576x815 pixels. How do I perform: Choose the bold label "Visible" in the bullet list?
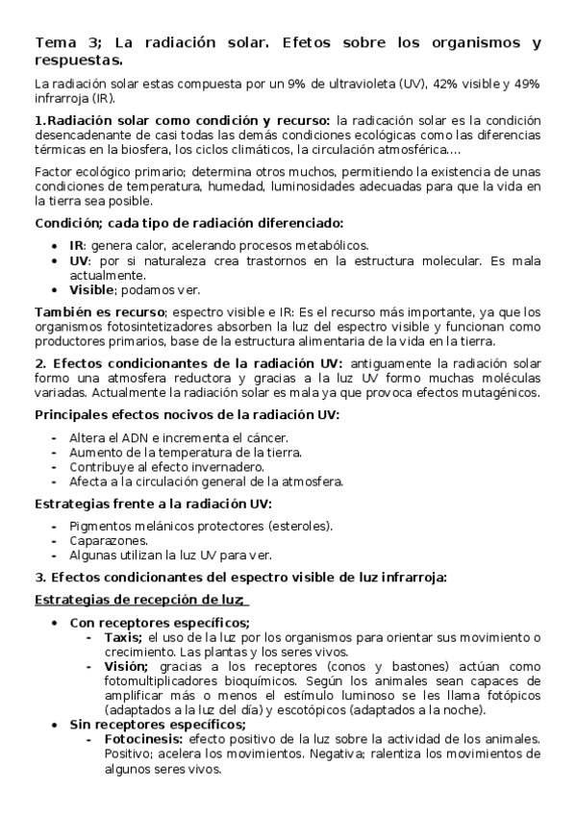click(92, 289)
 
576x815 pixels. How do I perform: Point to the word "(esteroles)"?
click(300, 526)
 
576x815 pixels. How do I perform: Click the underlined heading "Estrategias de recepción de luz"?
click(140, 600)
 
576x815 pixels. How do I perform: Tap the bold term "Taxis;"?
click(122, 637)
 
